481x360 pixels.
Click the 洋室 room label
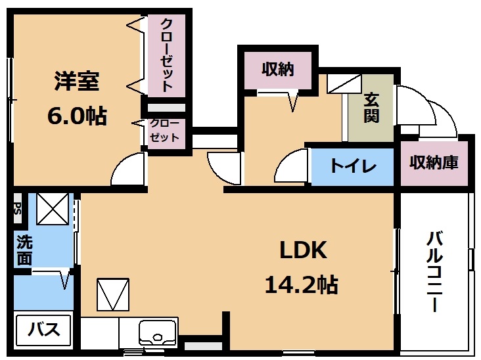pyautogui.click(x=77, y=81)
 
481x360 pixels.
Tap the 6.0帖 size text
pyautogui.click(x=78, y=116)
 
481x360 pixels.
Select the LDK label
pyautogui.click(x=303, y=250)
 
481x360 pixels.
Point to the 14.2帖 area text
pyautogui.click(x=302, y=284)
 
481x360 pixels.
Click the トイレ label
pyautogui.click(x=353, y=166)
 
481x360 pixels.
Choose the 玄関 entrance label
pyautogui.click(x=371, y=108)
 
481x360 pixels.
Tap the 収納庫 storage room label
pyautogui.click(x=434, y=162)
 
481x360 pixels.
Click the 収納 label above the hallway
pyautogui.click(x=278, y=69)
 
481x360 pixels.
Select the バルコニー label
pyautogui.click(x=435, y=272)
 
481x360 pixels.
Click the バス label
pyautogui.click(x=44, y=329)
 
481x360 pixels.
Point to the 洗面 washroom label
pyautogui.click(x=24, y=250)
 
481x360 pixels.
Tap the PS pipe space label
pyautogui.click(x=18, y=208)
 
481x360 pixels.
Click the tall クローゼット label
pyautogui.click(x=167, y=55)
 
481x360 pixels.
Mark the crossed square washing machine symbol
pyautogui.click(x=53, y=209)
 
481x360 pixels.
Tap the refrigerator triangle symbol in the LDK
pyautogui.click(x=113, y=294)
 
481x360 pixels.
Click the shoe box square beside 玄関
pyautogui.click(x=344, y=83)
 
